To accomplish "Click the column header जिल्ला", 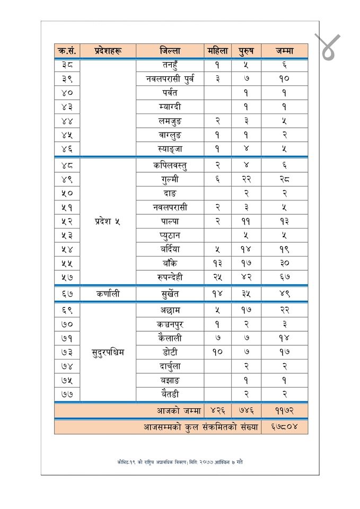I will point(170,51).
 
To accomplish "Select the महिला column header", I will point(217,51).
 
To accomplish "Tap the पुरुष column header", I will point(246,51).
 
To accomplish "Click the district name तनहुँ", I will point(170,65).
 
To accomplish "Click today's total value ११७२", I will point(284,411).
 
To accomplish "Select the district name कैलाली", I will point(170,338).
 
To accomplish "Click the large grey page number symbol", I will point(327,47).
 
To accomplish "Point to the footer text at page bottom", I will point(180,462).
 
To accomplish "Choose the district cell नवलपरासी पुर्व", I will point(170,79).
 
